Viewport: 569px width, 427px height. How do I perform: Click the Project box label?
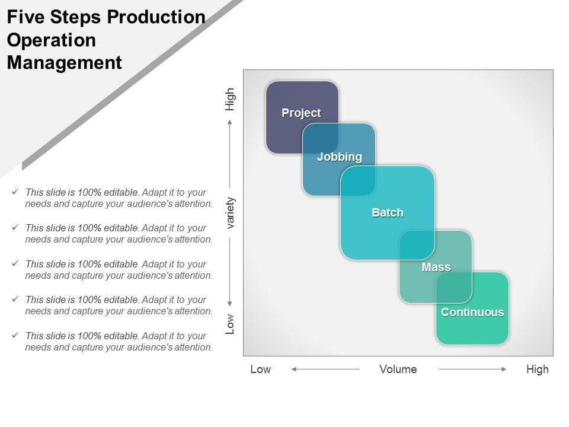(x=301, y=113)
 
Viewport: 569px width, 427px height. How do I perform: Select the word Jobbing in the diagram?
(x=339, y=157)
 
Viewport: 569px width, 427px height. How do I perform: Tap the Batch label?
(x=387, y=212)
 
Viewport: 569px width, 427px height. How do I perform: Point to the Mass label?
(x=436, y=267)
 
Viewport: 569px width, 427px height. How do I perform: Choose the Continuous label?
(x=472, y=312)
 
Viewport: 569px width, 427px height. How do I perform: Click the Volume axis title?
(x=398, y=369)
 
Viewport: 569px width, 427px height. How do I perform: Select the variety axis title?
(x=231, y=213)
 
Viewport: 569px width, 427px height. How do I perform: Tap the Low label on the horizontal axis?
(x=260, y=369)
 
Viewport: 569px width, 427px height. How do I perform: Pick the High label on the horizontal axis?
(x=537, y=369)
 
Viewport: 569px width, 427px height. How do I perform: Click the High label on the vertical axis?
(x=230, y=99)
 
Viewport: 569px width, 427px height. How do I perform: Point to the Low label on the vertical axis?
(x=230, y=324)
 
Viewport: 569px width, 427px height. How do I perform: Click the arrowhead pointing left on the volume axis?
(x=294, y=369)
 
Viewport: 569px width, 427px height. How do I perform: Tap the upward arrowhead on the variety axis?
(x=231, y=122)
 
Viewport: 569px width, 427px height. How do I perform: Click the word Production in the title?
(x=156, y=17)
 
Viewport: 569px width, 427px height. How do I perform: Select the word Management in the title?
(x=64, y=62)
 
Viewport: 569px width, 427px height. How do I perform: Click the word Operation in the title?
(x=51, y=40)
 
